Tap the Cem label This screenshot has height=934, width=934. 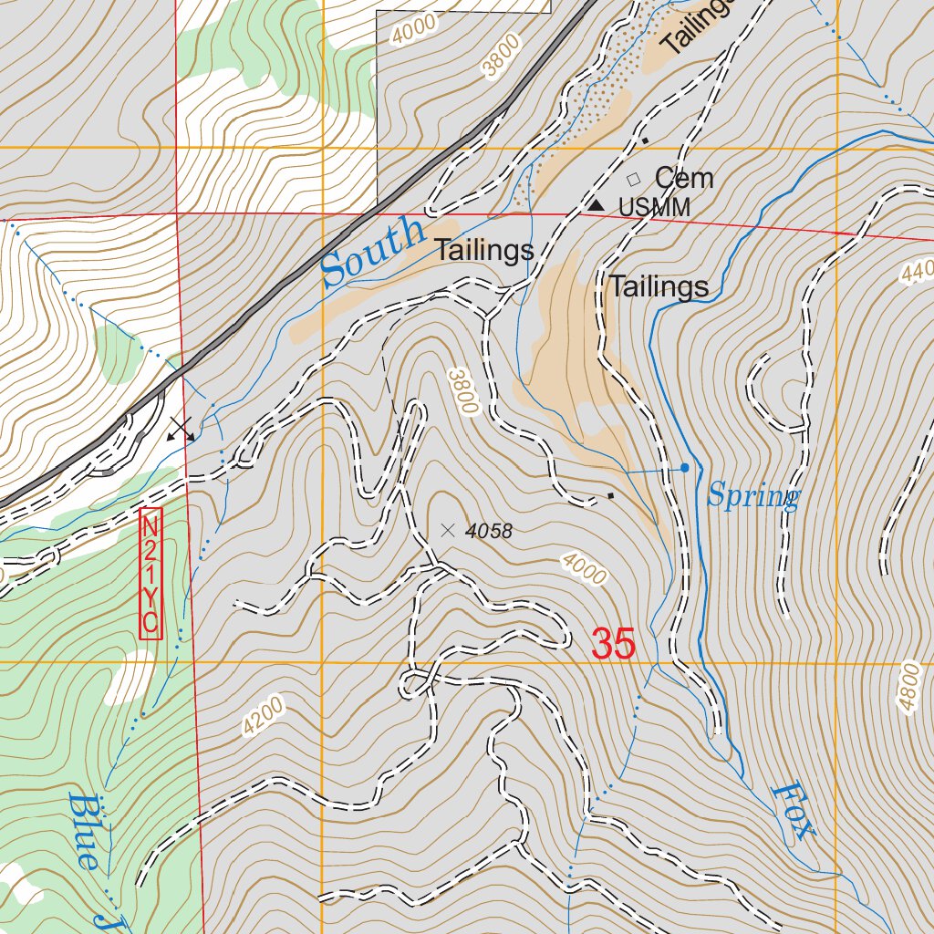pos(683,178)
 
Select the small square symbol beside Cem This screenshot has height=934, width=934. pos(634,180)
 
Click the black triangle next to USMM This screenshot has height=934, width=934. pos(596,206)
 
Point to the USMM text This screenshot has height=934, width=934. pos(654,208)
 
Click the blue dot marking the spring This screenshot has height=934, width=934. pos(685,468)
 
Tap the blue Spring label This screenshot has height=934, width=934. pos(753,496)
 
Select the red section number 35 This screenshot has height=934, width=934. pos(613,644)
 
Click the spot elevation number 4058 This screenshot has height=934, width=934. pos(488,531)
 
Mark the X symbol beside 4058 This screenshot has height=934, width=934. pos(447,529)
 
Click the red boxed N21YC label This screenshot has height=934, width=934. pos(150,574)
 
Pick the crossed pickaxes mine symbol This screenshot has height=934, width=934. pos(181,430)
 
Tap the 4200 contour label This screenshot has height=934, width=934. pos(264,716)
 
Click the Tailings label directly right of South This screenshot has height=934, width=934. pos(483,251)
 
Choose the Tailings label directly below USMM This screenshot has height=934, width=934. pos(659,287)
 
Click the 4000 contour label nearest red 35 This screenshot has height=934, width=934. pos(584,568)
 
